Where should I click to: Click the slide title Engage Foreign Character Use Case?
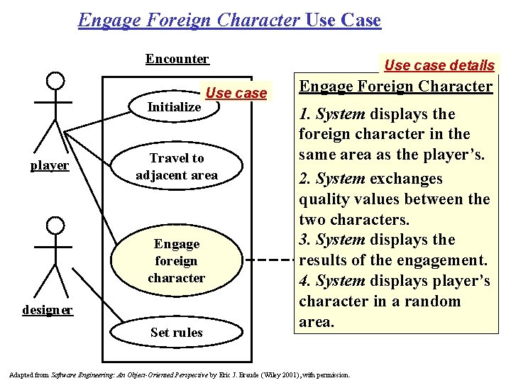tap(229, 20)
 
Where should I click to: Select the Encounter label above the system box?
tap(177, 59)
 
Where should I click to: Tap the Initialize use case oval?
tap(175, 107)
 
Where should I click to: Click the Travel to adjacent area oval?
tap(177, 167)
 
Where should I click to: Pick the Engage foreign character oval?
tap(177, 260)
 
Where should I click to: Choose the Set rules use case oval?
tap(177, 332)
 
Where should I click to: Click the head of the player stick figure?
tap(54, 82)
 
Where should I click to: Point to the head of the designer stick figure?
tap(54, 226)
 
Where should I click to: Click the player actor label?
tap(50, 166)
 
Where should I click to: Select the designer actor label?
tap(48, 310)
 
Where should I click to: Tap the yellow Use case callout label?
tap(236, 93)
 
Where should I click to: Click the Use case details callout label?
tap(439, 65)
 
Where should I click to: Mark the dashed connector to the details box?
tap(271, 260)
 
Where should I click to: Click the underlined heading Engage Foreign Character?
tap(395, 87)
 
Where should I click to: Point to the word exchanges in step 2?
tap(410, 179)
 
